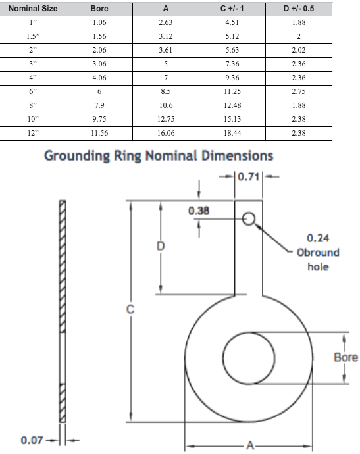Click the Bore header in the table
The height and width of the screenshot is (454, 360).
click(x=99, y=9)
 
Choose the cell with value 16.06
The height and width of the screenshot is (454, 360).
click(x=165, y=132)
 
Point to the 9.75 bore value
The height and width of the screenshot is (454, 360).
click(x=100, y=119)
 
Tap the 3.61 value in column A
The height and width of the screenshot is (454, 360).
click(x=165, y=50)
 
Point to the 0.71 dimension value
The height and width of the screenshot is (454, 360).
click(x=249, y=176)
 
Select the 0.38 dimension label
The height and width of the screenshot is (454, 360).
click(x=198, y=211)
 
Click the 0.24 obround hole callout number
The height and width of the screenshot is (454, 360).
click(x=319, y=238)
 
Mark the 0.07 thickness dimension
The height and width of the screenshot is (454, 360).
click(x=32, y=440)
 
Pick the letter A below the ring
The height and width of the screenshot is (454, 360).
click(x=249, y=445)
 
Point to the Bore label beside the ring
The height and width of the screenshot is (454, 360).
click(x=346, y=357)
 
